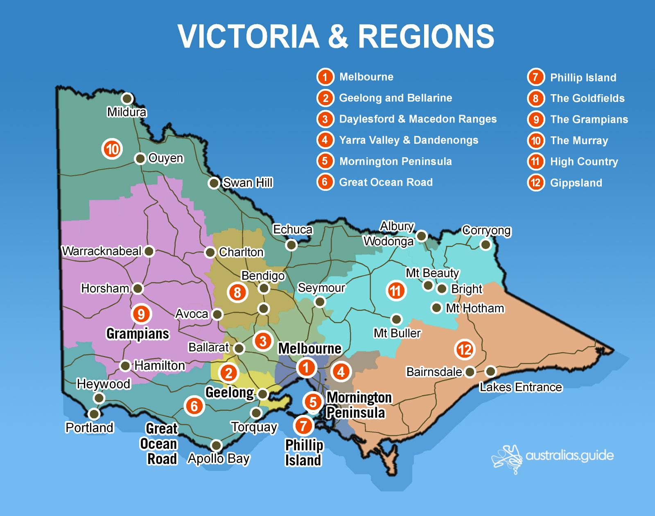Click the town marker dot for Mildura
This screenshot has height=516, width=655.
tap(127, 99)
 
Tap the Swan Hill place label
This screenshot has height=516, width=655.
tap(247, 183)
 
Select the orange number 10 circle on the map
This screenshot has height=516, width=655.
tap(112, 149)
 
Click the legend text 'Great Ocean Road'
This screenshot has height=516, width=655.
tap(386, 182)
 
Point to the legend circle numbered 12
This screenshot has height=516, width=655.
tap(535, 183)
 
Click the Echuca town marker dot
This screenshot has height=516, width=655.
tap(291, 245)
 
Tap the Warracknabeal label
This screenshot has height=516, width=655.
tap(102, 251)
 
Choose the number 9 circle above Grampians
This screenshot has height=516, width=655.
tap(141, 314)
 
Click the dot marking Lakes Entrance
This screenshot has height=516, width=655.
tap(490, 372)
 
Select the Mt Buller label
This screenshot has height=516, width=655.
tap(397, 333)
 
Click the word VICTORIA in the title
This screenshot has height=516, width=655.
tap(248, 36)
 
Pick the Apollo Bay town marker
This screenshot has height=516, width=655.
tap(216, 446)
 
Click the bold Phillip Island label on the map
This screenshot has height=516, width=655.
tap(304, 453)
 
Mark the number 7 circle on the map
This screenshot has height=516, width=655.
tap(303, 425)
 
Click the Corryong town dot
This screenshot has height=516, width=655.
tap(486, 245)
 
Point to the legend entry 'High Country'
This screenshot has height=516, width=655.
tap(584, 161)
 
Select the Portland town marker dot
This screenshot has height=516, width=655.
tap(94, 414)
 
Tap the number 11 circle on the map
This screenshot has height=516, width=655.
tap(395, 291)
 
